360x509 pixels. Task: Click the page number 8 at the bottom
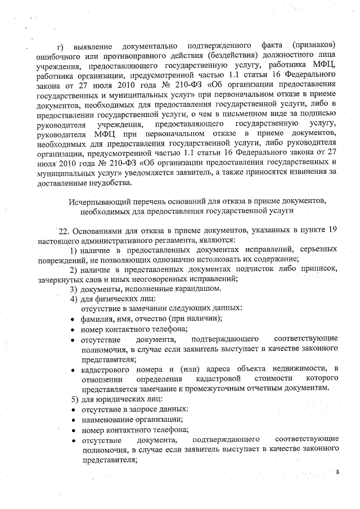point(337,472)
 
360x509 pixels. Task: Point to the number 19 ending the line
point(332,230)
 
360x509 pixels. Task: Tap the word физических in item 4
point(117,299)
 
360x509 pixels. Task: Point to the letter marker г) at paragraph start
point(63,45)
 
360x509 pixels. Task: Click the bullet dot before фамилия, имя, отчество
point(74,319)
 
